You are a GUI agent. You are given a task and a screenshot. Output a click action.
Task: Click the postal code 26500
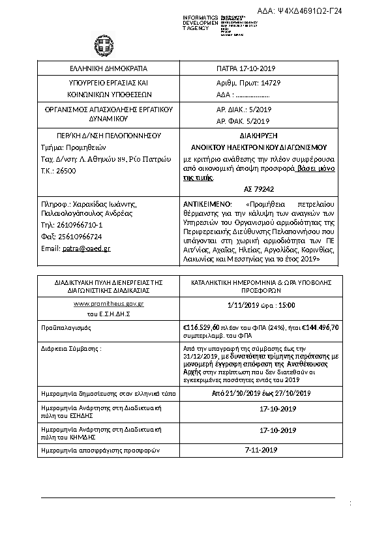(x=67, y=170)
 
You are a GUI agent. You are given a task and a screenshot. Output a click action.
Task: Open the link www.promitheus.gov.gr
(x=100, y=304)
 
